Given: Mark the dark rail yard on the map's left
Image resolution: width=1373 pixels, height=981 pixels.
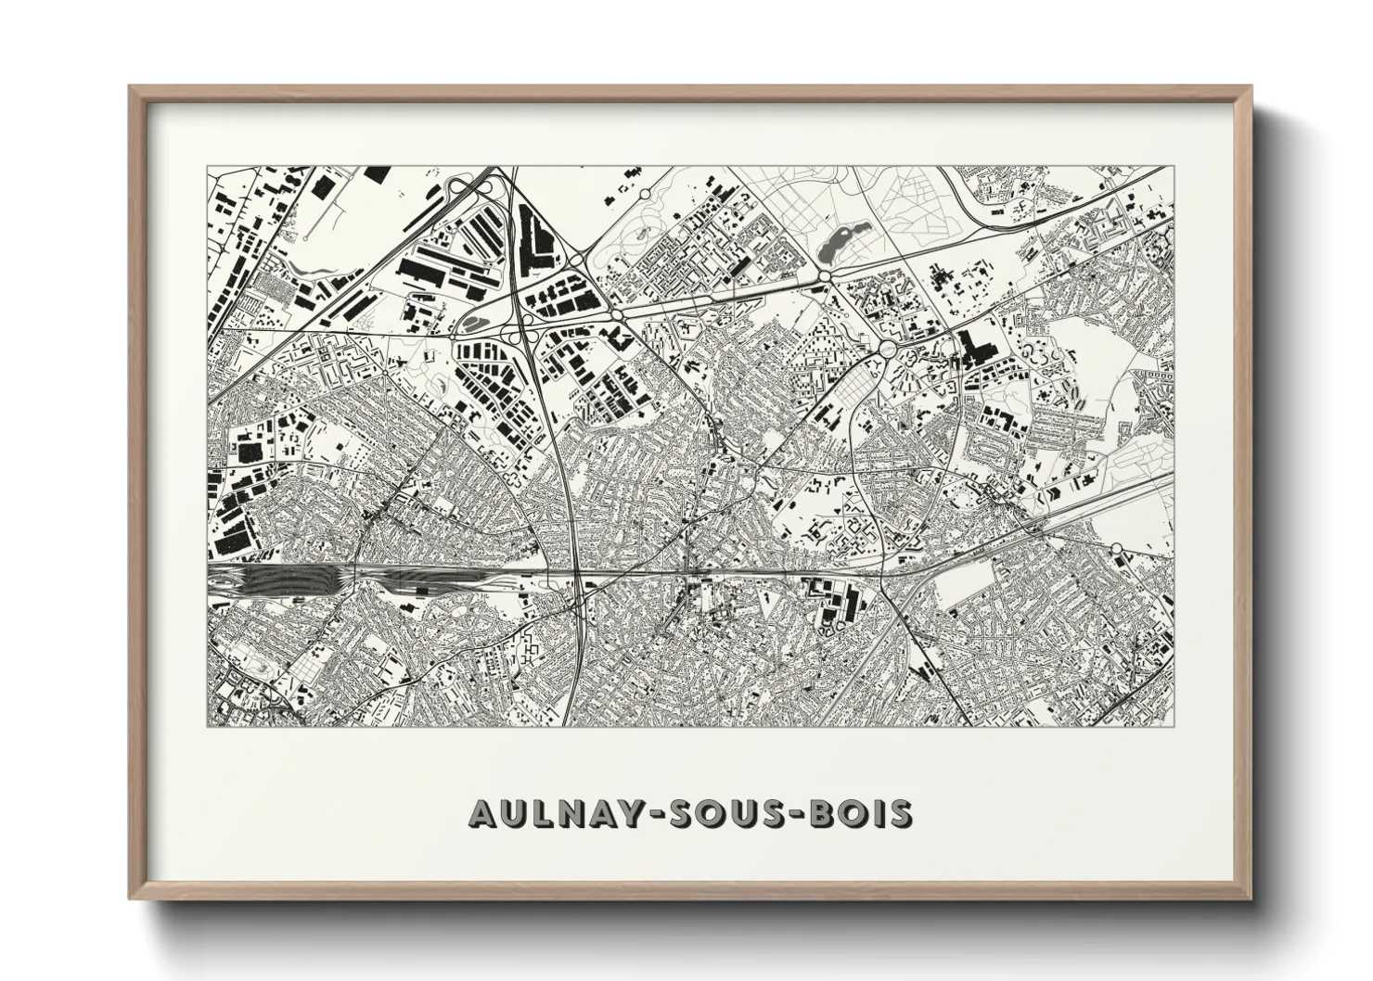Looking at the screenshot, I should [x=278, y=580].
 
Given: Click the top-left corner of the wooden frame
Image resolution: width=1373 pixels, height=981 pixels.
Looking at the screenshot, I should [x=132, y=88].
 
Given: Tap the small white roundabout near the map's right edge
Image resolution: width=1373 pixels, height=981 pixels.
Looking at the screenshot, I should [x=1117, y=557].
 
